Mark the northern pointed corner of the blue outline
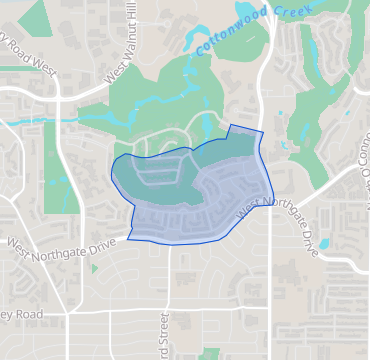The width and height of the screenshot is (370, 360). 231,126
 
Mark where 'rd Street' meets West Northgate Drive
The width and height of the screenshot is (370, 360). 169,243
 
